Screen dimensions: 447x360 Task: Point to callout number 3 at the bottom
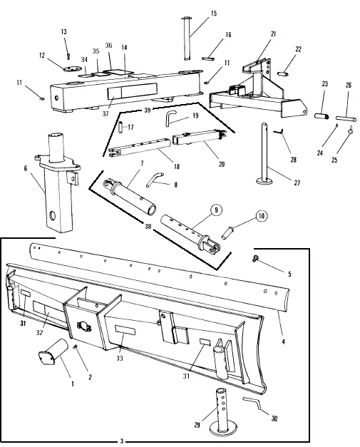click(x=122, y=440)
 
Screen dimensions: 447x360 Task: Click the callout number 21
click(x=273, y=34)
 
